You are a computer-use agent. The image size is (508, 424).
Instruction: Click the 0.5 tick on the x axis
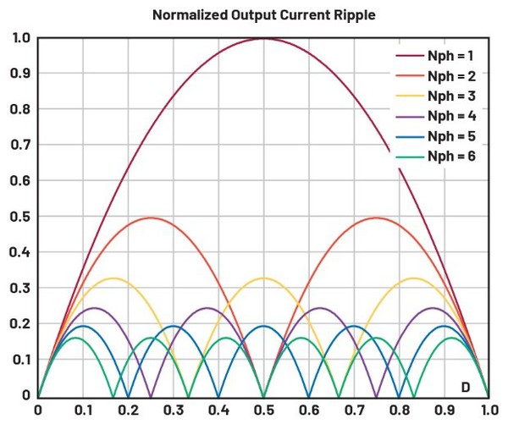tap(263, 409)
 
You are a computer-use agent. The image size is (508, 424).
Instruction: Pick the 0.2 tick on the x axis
tap(128, 409)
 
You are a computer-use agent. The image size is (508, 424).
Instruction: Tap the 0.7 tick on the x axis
tap(354, 409)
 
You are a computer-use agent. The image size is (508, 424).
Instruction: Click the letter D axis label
tap(465, 387)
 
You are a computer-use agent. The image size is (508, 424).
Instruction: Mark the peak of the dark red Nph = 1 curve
tap(263, 38)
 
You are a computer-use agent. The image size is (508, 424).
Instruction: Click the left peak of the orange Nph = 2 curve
tap(151, 218)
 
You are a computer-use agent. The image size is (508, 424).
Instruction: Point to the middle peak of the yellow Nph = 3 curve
tap(263, 278)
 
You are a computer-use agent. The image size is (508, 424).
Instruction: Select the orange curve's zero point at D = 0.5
tap(263, 395)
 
